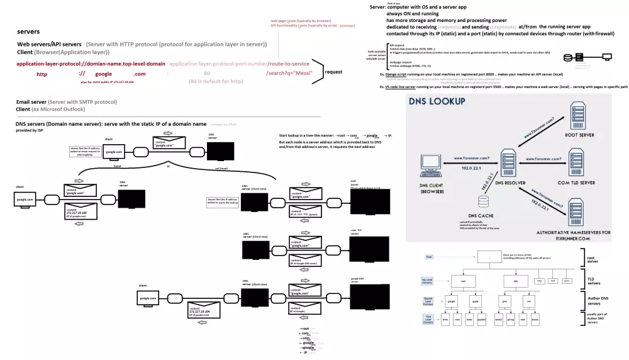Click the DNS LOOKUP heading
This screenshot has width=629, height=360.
[x=437, y=101]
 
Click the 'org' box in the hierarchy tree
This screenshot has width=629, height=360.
[x=538, y=280]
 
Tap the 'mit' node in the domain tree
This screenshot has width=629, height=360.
[x=528, y=301]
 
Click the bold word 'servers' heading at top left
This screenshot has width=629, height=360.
[x=28, y=31]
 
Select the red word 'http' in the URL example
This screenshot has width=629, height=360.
[x=42, y=74]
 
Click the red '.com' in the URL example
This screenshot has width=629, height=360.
[x=140, y=74]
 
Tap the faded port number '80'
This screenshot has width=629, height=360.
[x=207, y=74]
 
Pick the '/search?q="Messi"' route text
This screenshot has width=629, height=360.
[x=287, y=74]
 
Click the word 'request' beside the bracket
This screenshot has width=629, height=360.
[x=333, y=72]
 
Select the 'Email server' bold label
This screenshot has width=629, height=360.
[x=31, y=101]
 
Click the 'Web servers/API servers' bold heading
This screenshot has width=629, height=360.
[x=49, y=45]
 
